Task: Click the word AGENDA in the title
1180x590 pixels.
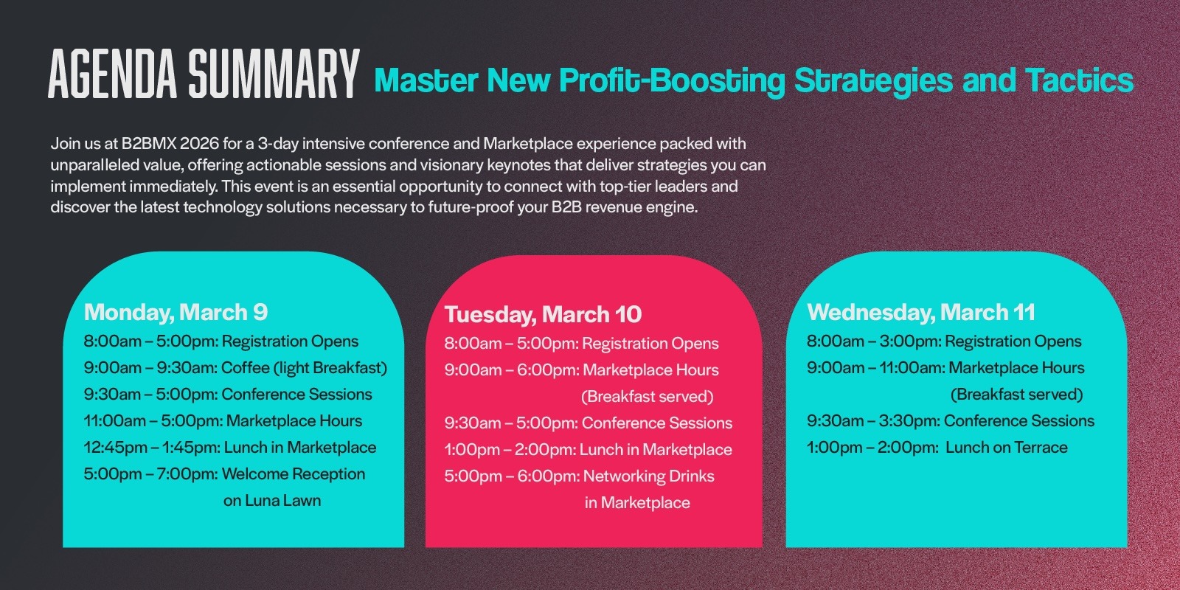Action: click(112, 74)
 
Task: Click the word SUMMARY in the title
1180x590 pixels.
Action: click(274, 74)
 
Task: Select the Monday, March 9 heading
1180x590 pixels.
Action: click(176, 313)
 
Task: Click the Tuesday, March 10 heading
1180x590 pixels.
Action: click(543, 314)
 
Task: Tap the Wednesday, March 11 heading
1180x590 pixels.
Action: click(921, 313)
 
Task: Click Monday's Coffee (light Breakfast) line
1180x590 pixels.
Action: click(235, 368)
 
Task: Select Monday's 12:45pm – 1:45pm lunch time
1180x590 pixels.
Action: click(152, 448)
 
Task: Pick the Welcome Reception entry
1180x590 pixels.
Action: click(294, 474)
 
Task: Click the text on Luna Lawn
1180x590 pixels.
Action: click(272, 501)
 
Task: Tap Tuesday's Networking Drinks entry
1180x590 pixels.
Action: click(648, 476)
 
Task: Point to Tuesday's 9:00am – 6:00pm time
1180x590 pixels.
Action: click(512, 369)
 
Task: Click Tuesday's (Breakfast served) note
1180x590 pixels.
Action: click(647, 397)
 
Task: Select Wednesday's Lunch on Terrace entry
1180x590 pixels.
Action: click(1006, 448)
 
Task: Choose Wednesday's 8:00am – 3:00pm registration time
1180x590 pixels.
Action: click(874, 341)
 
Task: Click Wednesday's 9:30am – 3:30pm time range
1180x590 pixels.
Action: click(873, 421)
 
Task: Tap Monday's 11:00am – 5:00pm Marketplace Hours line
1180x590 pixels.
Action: click(223, 421)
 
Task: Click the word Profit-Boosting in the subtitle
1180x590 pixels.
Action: click(672, 81)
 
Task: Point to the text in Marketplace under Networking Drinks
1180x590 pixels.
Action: click(637, 503)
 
